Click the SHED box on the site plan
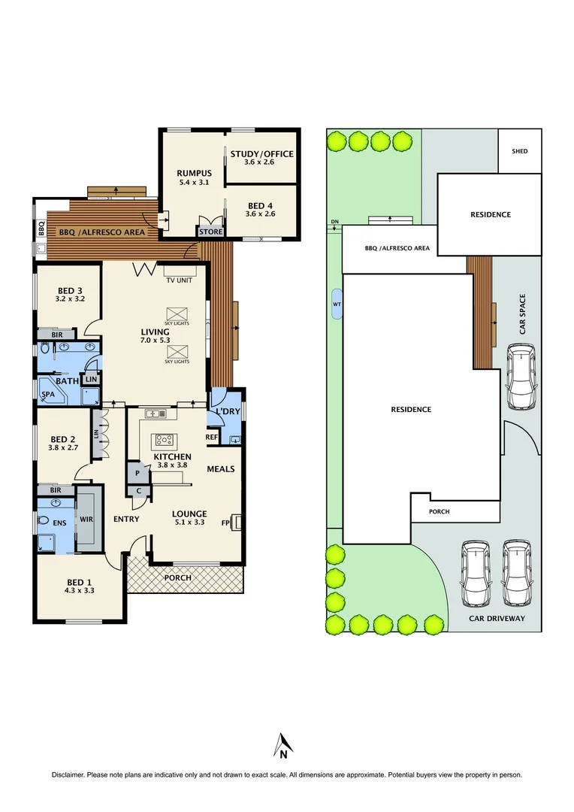click(x=520, y=151)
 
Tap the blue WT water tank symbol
click(x=336, y=304)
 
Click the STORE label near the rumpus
click(x=211, y=232)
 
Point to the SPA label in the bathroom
click(x=47, y=394)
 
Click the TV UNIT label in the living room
click(x=180, y=280)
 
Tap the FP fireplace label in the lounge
click(x=225, y=523)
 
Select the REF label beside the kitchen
click(x=212, y=436)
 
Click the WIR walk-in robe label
click(x=86, y=519)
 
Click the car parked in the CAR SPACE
click(x=521, y=376)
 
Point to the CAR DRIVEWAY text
click(x=496, y=618)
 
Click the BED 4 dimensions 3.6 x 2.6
click(x=261, y=214)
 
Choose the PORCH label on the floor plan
click(x=177, y=577)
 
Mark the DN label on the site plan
click(x=334, y=221)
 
